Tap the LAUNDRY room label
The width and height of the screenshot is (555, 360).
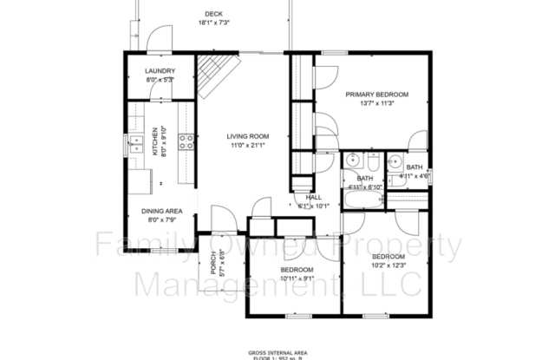160,71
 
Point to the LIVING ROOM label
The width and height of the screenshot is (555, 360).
248,136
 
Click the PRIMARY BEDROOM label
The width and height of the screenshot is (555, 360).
376,94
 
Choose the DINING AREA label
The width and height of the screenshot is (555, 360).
161,211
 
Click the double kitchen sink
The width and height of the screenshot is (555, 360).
135,144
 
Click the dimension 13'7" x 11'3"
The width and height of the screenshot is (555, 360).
376,102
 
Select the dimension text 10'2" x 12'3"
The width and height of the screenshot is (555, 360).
388,265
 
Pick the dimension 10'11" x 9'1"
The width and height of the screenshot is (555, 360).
297,278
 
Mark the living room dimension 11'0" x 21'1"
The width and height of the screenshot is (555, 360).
248,145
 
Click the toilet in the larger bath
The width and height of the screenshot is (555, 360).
371,162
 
